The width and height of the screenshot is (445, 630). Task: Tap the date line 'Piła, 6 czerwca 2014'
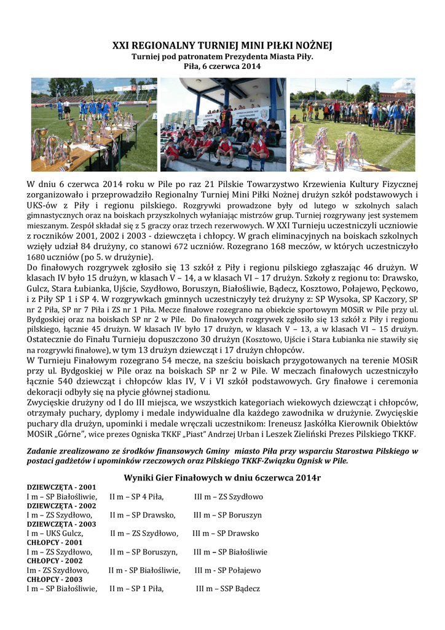click(x=222, y=66)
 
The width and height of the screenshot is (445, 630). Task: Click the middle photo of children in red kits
click(x=223, y=124)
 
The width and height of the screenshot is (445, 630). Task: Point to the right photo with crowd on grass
click(x=352, y=124)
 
